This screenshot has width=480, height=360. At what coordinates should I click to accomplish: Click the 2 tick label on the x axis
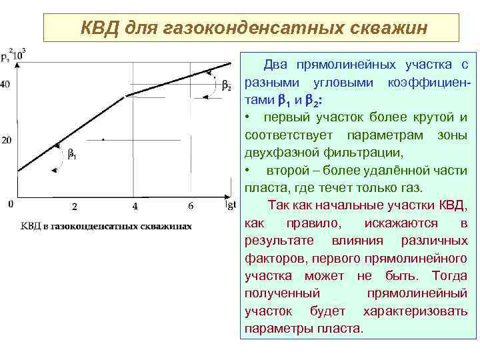[75, 206]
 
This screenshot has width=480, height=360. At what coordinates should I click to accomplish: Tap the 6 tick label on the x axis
[191, 206]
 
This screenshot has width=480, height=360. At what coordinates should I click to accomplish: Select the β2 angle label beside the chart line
[227, 86]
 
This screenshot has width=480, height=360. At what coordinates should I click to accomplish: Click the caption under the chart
[106, 225]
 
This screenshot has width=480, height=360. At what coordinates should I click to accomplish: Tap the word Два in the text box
[277, 65]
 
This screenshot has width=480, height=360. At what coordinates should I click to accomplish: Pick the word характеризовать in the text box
[415, 311]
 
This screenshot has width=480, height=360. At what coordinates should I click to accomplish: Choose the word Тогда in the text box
[449, 275]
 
